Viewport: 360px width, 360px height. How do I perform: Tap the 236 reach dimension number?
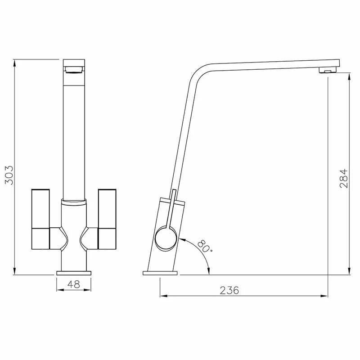tap(229, 290)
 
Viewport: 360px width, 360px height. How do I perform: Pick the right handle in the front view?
tap(107, 219)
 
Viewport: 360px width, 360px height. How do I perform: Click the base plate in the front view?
tap(74, 272)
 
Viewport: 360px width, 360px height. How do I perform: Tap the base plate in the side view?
tap(160, 273)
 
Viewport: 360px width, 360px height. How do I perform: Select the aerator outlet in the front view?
tap(74, 69)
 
